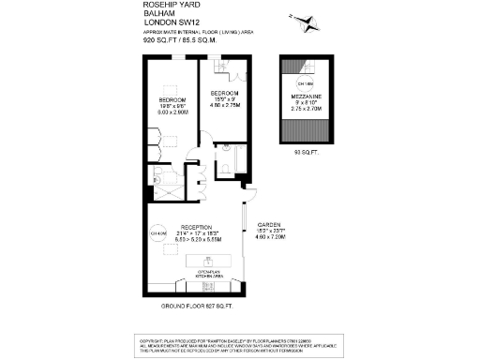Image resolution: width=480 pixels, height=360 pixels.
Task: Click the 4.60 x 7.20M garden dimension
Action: tap(270, 238)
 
